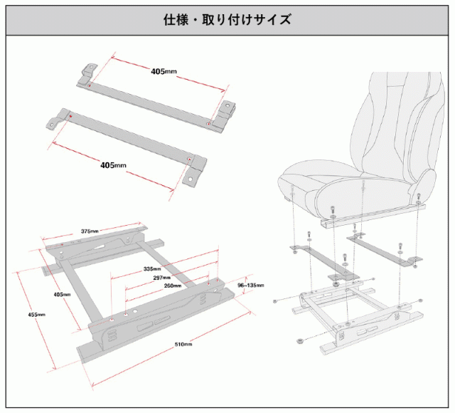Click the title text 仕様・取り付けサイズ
tap(227, 19)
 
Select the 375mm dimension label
tap(90, 231)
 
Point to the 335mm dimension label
tap(152, 269)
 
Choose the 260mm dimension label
tap(173, 286)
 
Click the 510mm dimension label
tap(183, 344)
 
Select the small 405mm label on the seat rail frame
tap(62, 293)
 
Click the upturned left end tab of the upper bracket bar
tap(86, 73)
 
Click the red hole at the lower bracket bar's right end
tap(188, 158)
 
